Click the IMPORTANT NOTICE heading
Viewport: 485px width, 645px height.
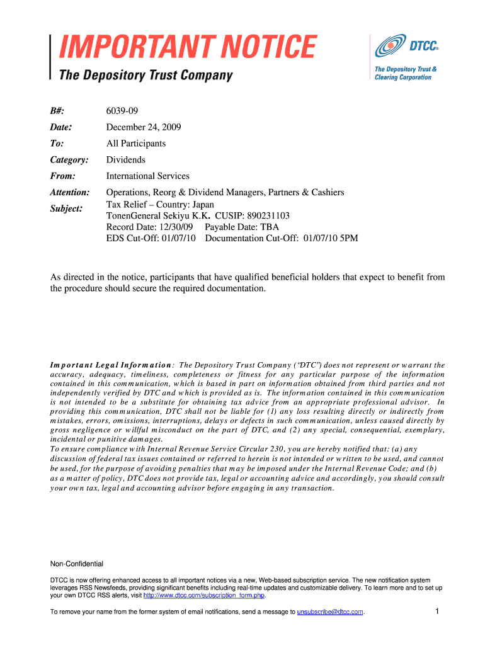coord(187,48)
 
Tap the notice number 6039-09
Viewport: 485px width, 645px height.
coord(122,111)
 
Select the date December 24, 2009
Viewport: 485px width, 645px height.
coord(144,127)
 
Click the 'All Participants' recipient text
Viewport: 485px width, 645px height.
coord(136,144)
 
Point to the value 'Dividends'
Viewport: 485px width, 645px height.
coord(126,160)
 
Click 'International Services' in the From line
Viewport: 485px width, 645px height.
coord(147,176)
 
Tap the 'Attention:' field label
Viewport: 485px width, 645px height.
coord(70,192)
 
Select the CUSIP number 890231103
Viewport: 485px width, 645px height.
coord(263,216)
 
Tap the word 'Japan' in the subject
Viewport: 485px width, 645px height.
coord(202,205)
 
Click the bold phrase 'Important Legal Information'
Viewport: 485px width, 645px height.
coord(111,365)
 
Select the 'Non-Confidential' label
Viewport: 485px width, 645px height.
coord(76,564)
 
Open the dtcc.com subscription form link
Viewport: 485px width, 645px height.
coord(204,595)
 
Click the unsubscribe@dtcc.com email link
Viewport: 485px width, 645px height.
coord(330,612)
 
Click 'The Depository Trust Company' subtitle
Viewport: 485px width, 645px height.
coord(145,76)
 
